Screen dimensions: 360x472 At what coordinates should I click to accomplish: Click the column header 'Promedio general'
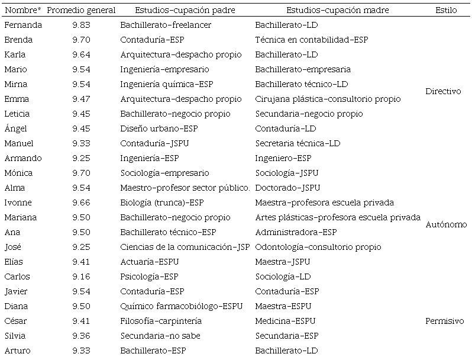tap(81, 11)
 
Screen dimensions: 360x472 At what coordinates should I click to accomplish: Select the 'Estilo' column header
tap(445, 11)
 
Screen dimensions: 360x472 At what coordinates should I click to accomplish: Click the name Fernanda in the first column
tap(22, 25)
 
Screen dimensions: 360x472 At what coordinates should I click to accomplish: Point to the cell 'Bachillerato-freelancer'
tap(166, 25)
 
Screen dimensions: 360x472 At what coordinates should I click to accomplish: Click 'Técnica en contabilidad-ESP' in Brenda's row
tap(311, 40)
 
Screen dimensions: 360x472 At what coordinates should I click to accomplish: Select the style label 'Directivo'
tap(443, 92)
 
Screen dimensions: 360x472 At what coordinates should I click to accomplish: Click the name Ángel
tap(16, 129)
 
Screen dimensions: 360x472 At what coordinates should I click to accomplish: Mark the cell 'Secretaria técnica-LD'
tap(298, 144)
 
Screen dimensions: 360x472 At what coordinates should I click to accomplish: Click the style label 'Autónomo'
tap(446, 225)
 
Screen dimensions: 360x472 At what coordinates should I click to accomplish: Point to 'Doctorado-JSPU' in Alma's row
tap(287, 188)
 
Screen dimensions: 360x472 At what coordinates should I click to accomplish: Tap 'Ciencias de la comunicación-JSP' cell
tap(185, 247)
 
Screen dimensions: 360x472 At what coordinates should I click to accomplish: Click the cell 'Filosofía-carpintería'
tap(161, 322)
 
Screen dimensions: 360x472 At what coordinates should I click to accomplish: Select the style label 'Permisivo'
tap(444, 322)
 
